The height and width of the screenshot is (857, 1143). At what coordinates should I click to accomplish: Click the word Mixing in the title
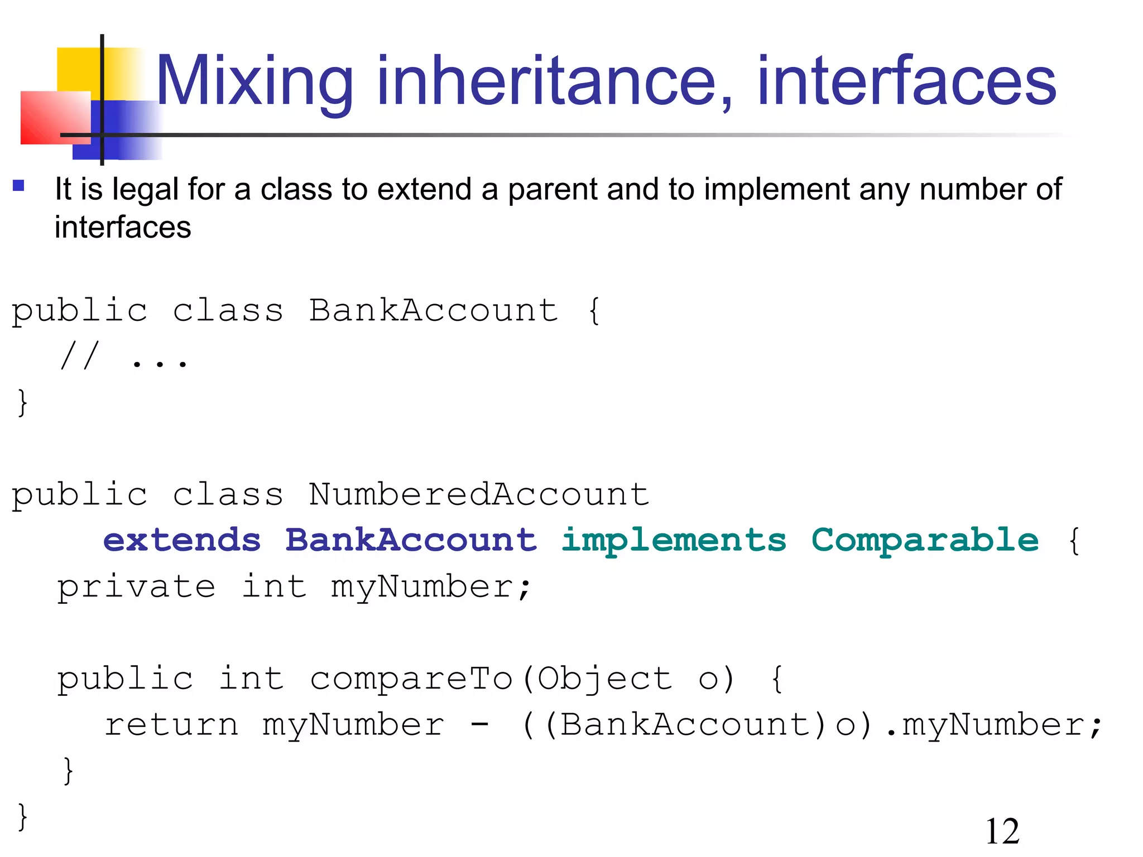point(254,81)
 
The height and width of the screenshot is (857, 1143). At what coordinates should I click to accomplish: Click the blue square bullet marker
point(18,185)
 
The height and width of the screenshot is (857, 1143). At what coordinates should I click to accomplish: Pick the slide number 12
point(1002,831)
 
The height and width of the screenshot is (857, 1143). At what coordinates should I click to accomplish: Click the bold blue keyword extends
point(182,540)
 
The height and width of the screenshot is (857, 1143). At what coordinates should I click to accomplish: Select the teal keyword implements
point(674,540)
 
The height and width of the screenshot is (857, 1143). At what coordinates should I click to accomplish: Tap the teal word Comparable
point(925,540)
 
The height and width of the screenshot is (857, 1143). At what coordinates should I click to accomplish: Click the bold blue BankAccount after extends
point(411,540)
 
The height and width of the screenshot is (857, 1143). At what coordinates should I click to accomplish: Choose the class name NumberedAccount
point(479,494)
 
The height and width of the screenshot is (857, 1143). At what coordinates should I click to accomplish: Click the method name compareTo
point(411,678)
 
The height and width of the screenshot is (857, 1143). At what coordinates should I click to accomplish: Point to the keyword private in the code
point(137,587)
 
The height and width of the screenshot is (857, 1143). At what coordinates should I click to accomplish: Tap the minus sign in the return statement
point(479,725)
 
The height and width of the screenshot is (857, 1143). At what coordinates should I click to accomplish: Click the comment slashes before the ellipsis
point(80,356)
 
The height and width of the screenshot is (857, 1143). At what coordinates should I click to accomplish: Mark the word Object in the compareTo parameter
point(604,678)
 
